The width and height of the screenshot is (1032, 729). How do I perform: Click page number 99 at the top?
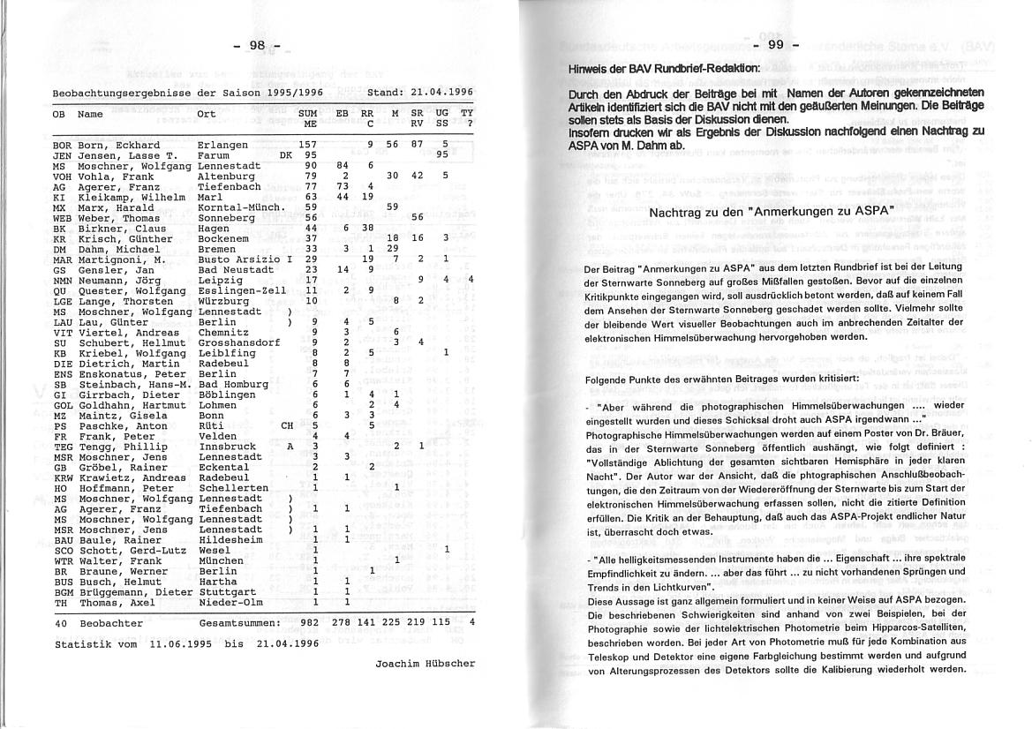(x=776, y=45)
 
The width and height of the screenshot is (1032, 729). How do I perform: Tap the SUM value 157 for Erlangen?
(x=308, y=145)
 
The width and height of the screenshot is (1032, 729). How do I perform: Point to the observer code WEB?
(x=62, y=218)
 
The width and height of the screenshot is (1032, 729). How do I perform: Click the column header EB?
(x=343, y=114)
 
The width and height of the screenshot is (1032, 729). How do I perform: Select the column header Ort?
(x=206, y=114)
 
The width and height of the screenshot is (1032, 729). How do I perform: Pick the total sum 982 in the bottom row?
(x=308, y=622)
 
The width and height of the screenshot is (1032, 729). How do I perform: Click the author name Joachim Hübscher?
(x=426, y=663)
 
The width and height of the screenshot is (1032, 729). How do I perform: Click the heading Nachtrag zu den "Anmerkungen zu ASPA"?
(x=772, y=212)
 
